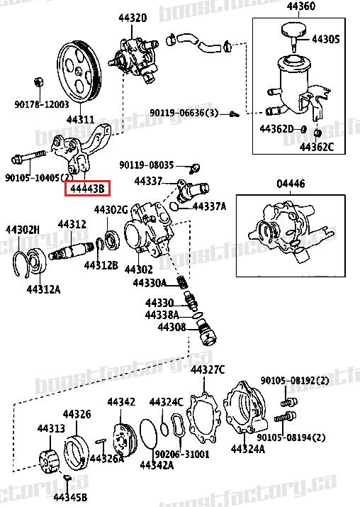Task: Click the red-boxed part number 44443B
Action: tap(87, 189)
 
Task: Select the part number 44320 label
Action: tap(132, 17)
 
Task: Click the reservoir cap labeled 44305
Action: tap(288, 30)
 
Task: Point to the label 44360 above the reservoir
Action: tap(301, 6)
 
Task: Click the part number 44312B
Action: tap(100, 265)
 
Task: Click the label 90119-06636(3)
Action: tap(183, 113)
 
